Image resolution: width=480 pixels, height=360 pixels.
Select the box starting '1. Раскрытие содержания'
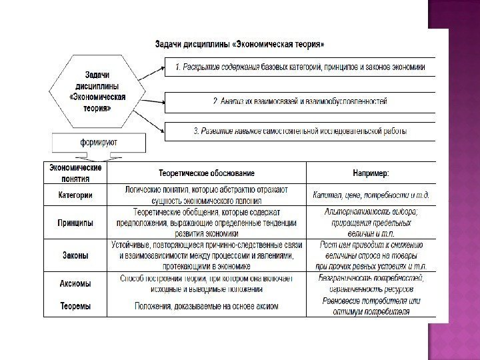(x=300, y=67)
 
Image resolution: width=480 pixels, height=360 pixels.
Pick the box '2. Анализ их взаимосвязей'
(x=300, y=101)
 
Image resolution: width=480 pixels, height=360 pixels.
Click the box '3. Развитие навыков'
(x=300, y=131)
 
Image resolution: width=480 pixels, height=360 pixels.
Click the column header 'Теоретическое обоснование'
(x=207, y=173)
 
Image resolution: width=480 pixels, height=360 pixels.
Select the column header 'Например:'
(x=371, y=173)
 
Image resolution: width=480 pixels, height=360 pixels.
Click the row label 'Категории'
(x=75, y=195)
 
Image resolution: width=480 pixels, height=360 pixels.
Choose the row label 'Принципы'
(x=75, y=223)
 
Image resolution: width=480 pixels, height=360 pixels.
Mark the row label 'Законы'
(x=75, y=255)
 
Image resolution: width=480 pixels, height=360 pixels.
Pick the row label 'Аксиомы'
(x=75, y=283)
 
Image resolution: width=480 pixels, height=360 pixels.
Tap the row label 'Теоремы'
(x=75, y=307)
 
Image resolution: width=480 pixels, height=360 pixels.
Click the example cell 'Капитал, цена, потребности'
(x=371, y=195)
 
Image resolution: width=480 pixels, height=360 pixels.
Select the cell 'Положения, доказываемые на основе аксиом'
(x=207, y=307)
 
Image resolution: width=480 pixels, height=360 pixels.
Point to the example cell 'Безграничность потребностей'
(x=371, y=283)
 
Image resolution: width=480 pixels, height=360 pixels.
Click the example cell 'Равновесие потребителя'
(x=371, y=307)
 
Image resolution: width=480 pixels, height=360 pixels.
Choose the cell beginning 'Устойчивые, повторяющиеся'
(x=207, y=255)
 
